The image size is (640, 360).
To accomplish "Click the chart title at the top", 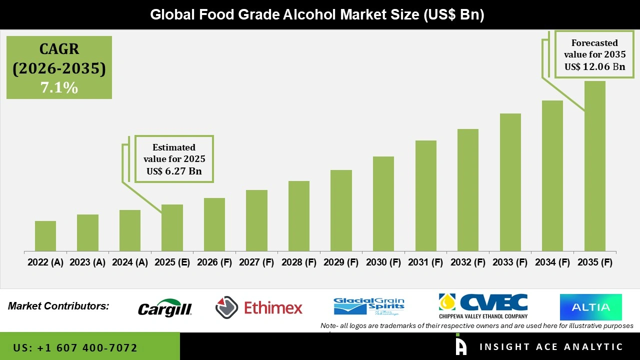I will pos(317,14).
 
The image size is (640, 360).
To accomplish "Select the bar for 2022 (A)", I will pos(45,236).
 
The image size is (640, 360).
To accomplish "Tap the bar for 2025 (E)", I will pos(172,228).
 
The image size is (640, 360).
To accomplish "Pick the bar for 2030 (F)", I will pos(383,204).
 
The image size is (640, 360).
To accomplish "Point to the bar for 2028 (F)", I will pos(299,216).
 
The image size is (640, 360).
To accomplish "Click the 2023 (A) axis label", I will pos(87,262).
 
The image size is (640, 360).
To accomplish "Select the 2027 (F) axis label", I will pos(256,262).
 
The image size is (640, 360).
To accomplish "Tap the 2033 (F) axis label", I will pos(510,262).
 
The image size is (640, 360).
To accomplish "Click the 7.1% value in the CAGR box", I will pos(59,88).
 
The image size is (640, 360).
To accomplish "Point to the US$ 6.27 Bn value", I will pos(174,171).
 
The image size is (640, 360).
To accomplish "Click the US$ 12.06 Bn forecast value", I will pos(594,66).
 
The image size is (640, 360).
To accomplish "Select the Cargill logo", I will pos(165,308).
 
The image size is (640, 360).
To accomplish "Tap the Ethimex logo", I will pos(259,307).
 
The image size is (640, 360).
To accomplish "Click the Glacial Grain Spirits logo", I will pos(369,306).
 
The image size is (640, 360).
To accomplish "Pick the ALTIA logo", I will pos(590,307).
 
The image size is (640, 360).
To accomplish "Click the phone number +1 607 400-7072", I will pos(75,347).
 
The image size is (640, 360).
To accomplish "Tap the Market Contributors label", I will pos(58,305).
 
